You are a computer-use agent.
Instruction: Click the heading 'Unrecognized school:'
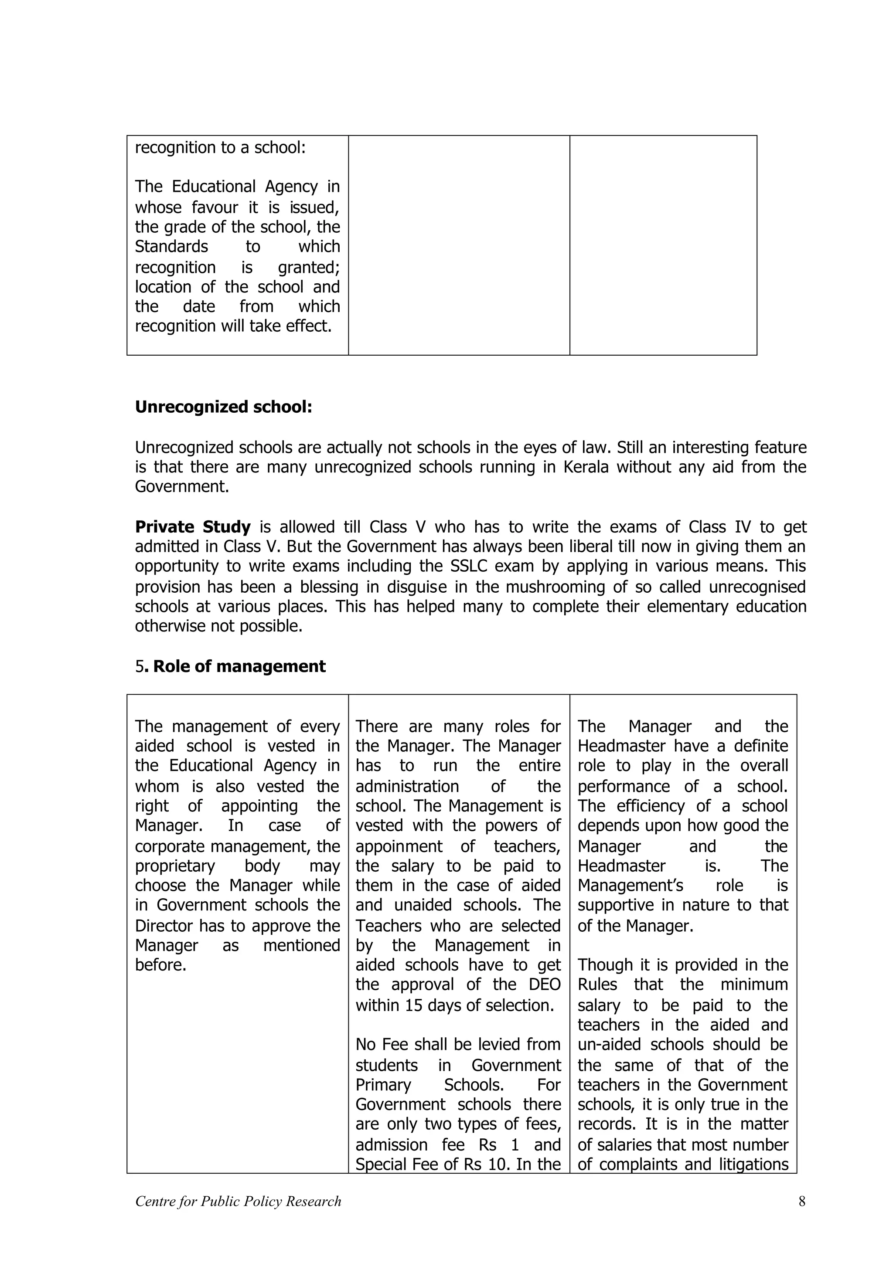pos(223,407)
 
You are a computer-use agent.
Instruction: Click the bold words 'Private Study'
pos(193,527)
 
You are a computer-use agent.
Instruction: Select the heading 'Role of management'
pos(239,667)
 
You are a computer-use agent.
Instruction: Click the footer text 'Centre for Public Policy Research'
pos(238,1202)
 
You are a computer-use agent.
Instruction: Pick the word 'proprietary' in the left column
pos(174,866)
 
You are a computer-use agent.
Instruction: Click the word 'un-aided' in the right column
pos(611,1045)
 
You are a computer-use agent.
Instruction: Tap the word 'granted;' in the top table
pos(309,267)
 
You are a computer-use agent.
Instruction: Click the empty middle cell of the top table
pos(459,245)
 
